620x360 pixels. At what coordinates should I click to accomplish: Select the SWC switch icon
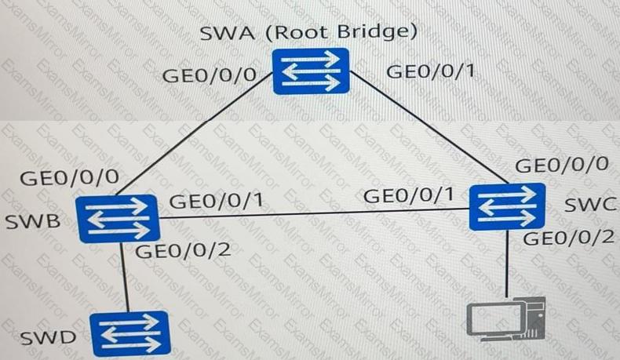coord(506,207)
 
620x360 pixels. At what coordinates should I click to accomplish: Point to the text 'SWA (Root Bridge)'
coord(308,34)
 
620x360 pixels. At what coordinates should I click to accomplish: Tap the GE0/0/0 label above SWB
coord(68,176)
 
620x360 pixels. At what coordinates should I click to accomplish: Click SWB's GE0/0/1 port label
coord(215,202)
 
